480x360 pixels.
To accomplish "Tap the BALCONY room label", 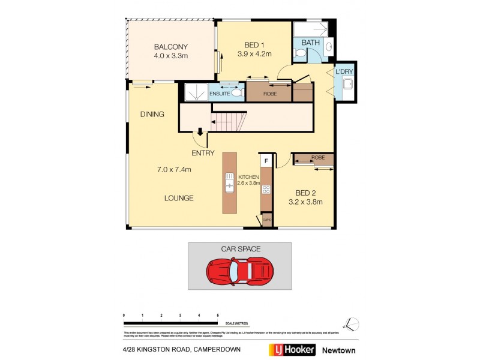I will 171,47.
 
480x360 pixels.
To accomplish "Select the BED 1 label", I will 255,44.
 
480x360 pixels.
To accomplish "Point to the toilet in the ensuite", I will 236,93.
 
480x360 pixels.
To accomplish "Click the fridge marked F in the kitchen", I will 265,161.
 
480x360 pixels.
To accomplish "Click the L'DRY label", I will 344,72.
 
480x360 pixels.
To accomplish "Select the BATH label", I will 310,43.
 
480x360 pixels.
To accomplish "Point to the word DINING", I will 152,114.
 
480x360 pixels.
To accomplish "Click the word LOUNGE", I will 180,198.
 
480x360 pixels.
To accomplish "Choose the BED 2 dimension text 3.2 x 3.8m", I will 305,202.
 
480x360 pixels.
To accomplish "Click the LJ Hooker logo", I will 291,349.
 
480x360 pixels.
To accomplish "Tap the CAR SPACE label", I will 240,248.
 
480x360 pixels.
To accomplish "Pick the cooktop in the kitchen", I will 266,190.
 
